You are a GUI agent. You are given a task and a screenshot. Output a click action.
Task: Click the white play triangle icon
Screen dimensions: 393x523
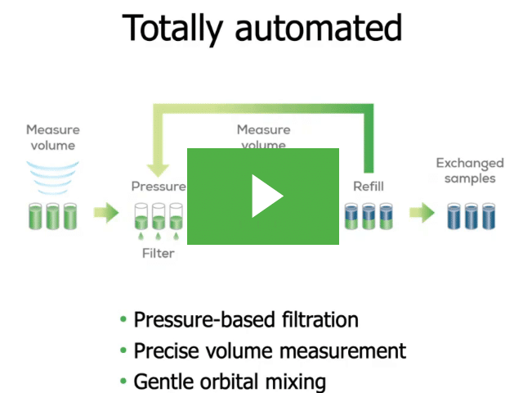click(266, 196)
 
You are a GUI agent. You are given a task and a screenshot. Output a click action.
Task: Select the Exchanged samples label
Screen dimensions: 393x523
click(470, 170)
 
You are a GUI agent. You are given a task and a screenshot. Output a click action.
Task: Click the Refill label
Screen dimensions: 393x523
click(368, 186)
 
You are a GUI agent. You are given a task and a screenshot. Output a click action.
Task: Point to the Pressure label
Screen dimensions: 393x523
click(159, 186)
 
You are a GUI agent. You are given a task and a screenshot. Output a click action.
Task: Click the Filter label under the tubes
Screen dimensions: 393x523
click(159, 253)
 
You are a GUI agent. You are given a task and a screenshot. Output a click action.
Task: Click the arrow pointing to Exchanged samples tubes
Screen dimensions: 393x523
click(422, 214)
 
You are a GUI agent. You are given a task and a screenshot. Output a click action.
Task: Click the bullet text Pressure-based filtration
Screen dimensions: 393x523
click(246, 319)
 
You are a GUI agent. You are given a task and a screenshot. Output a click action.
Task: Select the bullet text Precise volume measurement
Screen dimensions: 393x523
click(270, 350)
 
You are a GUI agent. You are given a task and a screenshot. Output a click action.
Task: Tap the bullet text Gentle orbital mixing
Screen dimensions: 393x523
click(230, 381)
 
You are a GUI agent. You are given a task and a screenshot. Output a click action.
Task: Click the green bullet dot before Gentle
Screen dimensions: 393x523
click(123, 382)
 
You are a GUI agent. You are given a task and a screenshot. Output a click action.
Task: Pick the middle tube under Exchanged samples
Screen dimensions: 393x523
click(471, 215)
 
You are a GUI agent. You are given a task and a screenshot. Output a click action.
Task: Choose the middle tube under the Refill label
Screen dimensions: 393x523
click(369, 215)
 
